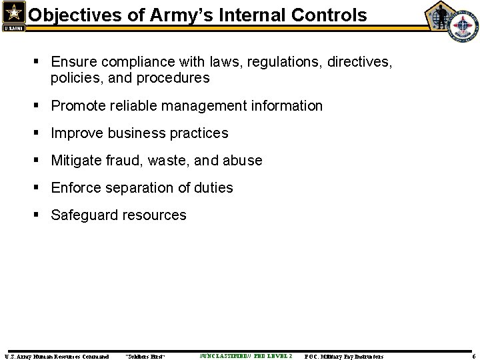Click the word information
[287, 105]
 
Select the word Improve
[76, 133]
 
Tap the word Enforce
[77, 188]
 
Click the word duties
[214, 188]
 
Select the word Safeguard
[84, 215]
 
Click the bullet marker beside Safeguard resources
[39, 215]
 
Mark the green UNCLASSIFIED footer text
[245, 356]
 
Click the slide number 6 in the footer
[473, 356]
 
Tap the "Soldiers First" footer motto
[145, 356]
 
